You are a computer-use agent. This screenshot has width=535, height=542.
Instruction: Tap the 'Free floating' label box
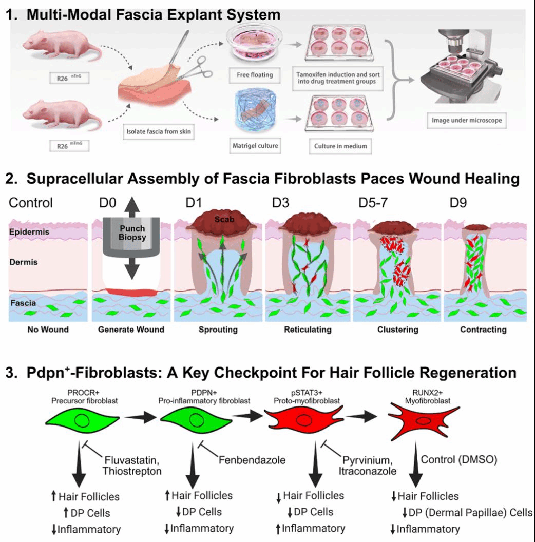click(x=251, y=75)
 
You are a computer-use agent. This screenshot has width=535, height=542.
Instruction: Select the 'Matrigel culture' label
click(x=251, y=146)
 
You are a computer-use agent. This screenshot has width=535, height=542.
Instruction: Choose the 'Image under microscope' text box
click(x=467, y=121)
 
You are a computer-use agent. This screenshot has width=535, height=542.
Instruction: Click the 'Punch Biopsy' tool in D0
click(x=132, y=234)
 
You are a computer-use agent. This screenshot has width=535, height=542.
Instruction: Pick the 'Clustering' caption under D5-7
click(x=397, y=330)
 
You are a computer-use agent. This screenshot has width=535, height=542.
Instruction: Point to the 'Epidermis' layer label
click(x=29, y=232)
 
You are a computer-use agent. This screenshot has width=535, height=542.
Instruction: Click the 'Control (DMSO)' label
click(x=459, y=459)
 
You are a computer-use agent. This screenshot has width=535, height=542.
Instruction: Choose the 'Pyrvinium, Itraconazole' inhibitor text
click(x=367, y=465)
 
